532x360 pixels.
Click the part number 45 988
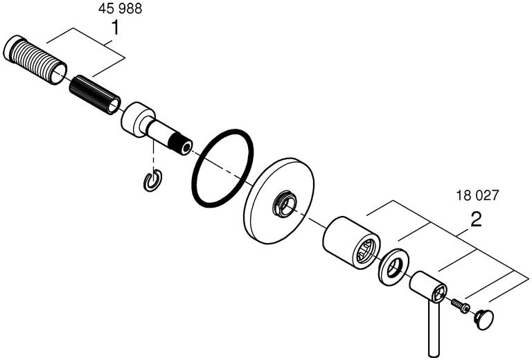point(120,9)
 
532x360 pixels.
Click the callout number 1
point(116,28)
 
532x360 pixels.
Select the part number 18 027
point(477,195)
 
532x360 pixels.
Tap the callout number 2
point(476,219)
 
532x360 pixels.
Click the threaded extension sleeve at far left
point(35,60)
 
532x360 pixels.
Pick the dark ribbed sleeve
point(95,95)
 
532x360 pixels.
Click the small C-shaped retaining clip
point(152,180)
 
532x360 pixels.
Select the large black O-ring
point(222,168)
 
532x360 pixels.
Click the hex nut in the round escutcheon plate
point(284,204)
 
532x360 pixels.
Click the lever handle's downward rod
point(434,329)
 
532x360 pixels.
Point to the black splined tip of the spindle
point(181,145)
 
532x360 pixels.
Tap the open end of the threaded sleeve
point(59,73)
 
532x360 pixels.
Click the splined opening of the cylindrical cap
point(367,251)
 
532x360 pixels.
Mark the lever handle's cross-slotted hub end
point(439,291)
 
